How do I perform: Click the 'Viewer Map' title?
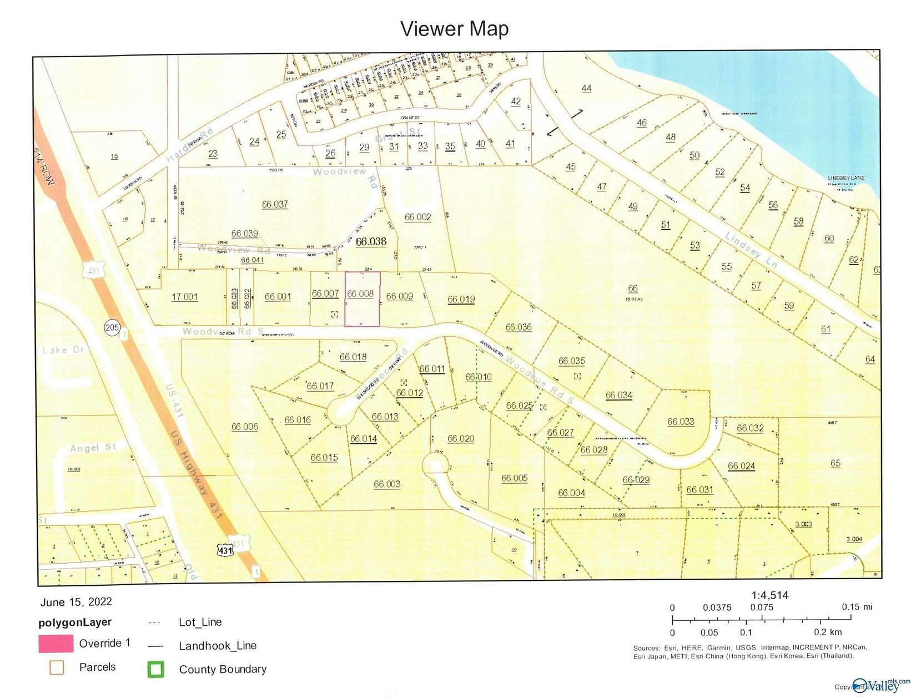(x=454, y=29)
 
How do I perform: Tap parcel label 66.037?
(x=275, y=204)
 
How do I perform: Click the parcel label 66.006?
(x=244, y=427)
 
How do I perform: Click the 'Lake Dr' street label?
(x=63, y=350)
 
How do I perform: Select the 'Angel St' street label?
(x=92, y=447)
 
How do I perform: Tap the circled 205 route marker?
(x=112, y=327)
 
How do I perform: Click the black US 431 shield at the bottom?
(x=225, y=550)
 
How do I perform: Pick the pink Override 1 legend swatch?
(x=56, y=644)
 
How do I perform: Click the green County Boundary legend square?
(x=155, y=669)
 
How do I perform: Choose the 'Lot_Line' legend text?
(x=200, y=622)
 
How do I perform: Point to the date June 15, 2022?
(x=76, y=602)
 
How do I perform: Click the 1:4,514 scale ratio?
(x=769, y=595)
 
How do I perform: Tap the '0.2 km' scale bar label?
(x=828, y=632)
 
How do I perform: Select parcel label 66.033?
(x=681, y=422)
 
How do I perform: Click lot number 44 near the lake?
(x=586, y=88)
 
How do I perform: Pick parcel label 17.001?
(x=184, y=297)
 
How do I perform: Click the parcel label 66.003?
(x=387, y=484)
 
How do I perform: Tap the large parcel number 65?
(x=835, y=463)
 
